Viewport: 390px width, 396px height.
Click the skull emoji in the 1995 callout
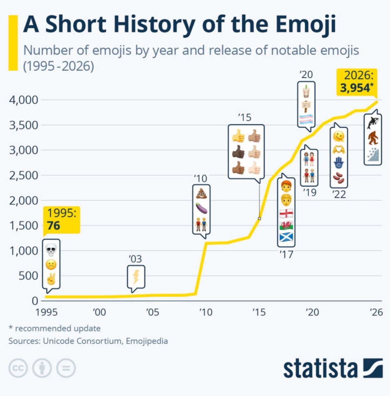(x=51, y=249)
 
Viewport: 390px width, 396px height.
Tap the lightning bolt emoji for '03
(x=136, y=277)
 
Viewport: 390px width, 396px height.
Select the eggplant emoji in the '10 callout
(x=201, y=208)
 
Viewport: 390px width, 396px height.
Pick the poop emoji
(x=201, y=194)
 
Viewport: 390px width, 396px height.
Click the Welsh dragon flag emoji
(x=286, y=225)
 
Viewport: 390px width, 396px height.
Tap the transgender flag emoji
(x=306, y=119)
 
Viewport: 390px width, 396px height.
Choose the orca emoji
(x=373, y=123)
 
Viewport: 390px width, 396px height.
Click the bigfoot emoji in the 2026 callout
(x=373, y=138)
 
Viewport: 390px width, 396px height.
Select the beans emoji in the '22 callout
(x=339, y=178)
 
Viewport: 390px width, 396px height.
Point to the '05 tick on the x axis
(x=152, y=312)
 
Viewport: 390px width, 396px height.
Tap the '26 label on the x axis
(x=376, y=312)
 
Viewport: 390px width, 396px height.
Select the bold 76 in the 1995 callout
(x=53, y=226)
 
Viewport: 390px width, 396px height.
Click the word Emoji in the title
(x=305, y=24)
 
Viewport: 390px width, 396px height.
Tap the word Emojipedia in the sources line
(x=147, y=341)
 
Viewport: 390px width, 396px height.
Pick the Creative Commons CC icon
(x=18, y=368)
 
